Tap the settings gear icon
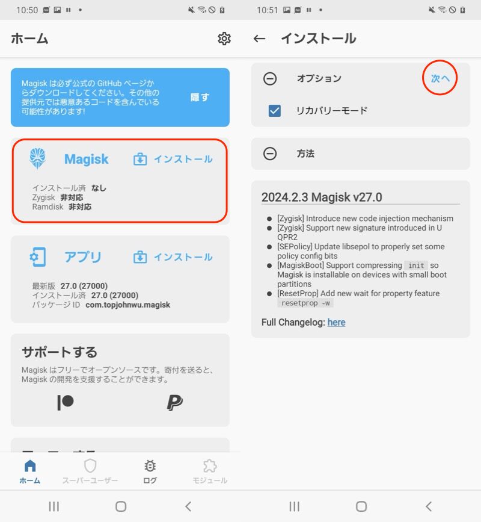[224, 39]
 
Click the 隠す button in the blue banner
[200, 97]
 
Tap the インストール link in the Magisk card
[173, 159]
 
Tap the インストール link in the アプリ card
[173, 257]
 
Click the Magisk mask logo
[37, 158]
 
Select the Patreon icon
[66, 402]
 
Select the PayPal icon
[174, 402]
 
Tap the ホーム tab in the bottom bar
[30, 471]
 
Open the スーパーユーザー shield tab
[90, 471]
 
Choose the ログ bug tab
[150, 471]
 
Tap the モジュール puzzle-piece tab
[210, 471]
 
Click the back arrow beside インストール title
[259, 39]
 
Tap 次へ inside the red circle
[440, 78]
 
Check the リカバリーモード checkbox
[275, 111]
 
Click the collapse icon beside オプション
[270, 78]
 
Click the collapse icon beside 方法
[270, 154]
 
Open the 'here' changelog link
[337, 322]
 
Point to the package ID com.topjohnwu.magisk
[128, 305]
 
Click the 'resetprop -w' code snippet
[305, 303]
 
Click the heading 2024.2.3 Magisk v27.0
[322, 197]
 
